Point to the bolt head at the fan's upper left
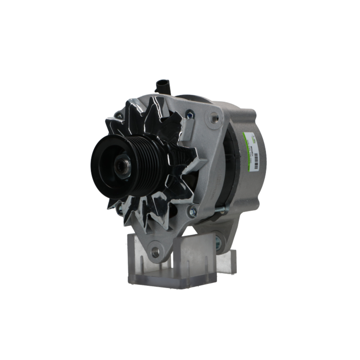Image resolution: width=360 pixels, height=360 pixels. click(x=118, y=116)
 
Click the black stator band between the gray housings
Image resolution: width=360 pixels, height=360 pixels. click(x=230, y=169)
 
